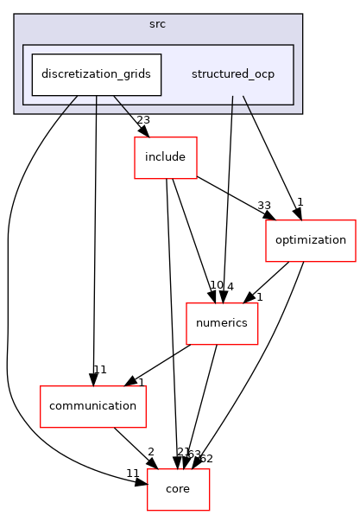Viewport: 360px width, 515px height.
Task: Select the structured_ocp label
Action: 232,74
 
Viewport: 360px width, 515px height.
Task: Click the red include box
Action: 165,158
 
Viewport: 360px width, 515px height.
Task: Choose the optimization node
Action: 310,239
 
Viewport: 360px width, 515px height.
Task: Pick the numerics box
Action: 222,323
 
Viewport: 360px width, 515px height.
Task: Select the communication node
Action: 93,405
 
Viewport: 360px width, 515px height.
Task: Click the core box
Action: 177,488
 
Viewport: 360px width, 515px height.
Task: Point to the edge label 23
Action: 144,121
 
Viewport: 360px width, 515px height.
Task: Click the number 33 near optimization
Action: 264,206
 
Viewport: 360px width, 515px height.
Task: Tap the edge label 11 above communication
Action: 100,370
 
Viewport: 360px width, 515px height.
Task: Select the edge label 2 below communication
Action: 150,452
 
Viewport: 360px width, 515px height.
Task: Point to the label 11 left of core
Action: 132,473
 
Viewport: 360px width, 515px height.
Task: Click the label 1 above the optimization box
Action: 300,202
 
